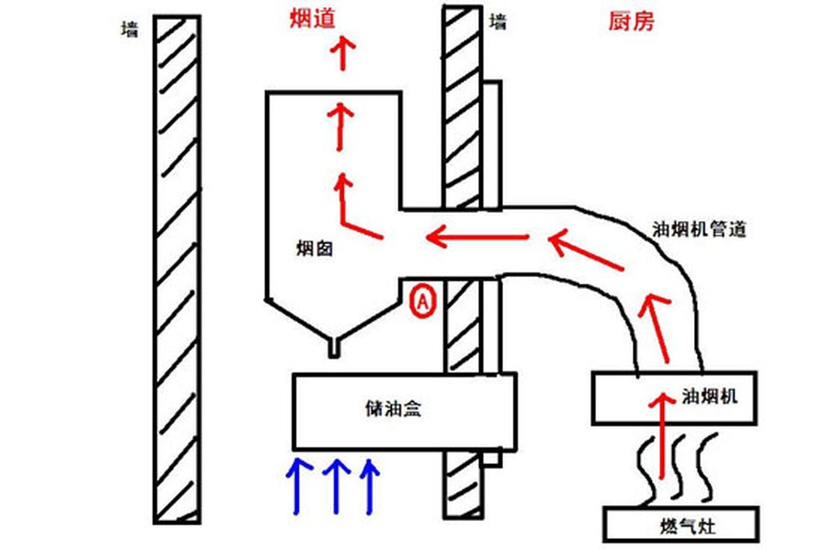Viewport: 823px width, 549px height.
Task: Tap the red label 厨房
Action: [x=631, y=21]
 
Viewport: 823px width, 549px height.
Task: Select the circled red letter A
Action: [x=423, y=300]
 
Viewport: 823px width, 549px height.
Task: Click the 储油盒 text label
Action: [x=392, y=411]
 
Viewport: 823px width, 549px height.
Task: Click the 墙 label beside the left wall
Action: [x=130, y=30]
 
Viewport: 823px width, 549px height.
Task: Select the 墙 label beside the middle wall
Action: [x=498, y=21]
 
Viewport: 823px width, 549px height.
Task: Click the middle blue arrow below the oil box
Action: [x=336, y=484]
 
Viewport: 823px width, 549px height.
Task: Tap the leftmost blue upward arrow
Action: [x=297, y=484]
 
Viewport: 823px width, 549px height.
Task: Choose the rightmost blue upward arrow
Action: [x=369, y=484]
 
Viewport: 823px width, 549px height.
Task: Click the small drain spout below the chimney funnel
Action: [x=335, y=347]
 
